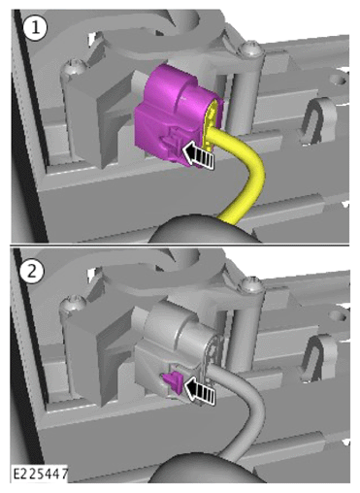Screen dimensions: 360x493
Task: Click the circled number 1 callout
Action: (x=35, y=27)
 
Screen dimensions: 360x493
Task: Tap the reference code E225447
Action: (x=40, y=474)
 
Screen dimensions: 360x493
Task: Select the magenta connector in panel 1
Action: (x=175, y=114)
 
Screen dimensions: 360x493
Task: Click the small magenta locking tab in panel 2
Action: (x=173, y=382)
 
